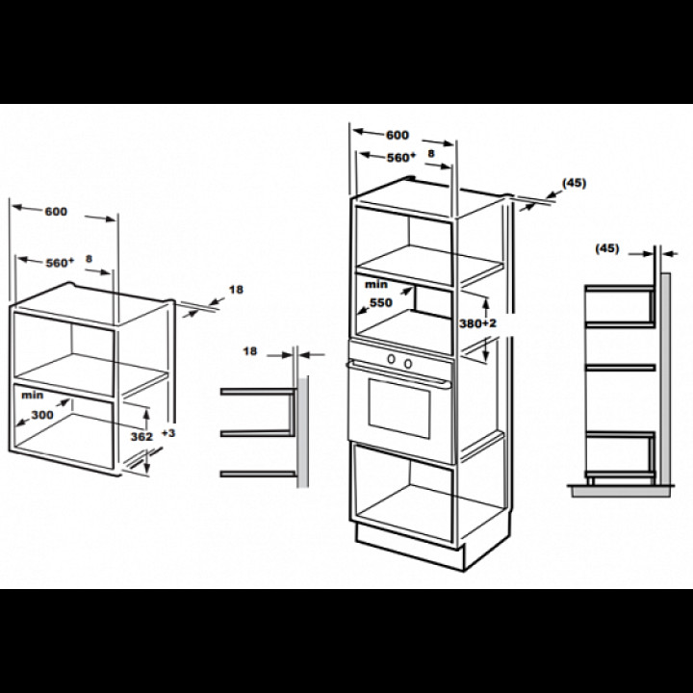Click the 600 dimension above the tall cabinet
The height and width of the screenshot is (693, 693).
398,135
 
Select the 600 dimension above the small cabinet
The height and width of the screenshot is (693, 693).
56,212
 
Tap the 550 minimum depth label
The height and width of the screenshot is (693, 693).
381,303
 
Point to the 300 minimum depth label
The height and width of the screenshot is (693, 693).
42,415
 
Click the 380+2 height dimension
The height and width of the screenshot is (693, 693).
477,323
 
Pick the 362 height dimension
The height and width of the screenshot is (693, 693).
141,437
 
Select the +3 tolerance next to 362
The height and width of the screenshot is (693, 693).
168,433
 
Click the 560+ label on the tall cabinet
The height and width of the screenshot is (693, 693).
401,157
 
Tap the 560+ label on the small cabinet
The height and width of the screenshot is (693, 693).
60,263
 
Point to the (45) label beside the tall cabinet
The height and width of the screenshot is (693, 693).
574,183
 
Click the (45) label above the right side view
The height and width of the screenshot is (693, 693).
607,248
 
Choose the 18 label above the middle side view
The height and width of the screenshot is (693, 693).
249,351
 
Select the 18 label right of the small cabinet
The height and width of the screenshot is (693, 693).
236,290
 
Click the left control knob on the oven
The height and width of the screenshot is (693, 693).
391,359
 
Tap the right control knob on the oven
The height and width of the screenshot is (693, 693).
408,363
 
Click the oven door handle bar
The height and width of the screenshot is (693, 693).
398,373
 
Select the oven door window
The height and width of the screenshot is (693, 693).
399,408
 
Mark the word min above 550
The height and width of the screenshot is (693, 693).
376,285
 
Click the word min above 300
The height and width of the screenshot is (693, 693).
33,395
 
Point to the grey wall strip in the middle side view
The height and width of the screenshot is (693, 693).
303,432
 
